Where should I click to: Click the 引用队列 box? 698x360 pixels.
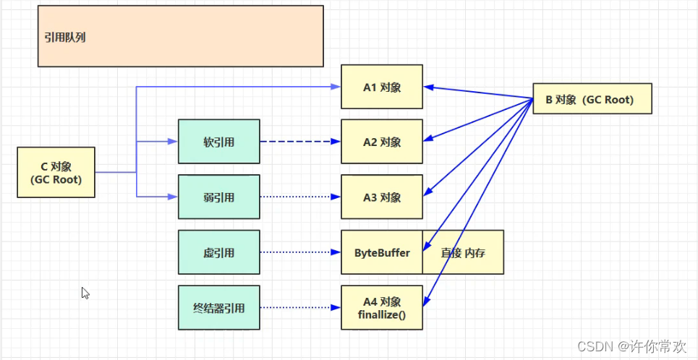180,36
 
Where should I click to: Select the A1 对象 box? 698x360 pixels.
382,87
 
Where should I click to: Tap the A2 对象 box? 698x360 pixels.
382,142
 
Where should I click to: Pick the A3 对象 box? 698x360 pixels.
382,197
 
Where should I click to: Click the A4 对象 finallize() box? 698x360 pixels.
382,307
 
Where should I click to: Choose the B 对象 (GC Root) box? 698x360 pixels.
592,98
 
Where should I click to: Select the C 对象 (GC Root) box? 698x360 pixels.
56,172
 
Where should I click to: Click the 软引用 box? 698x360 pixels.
219,142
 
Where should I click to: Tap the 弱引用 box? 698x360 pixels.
219,197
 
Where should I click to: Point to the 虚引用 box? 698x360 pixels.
219,252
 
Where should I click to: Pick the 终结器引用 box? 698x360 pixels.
219,307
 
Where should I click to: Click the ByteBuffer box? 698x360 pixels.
382,252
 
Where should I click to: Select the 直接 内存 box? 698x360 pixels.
463,252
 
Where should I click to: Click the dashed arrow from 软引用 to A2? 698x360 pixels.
300,142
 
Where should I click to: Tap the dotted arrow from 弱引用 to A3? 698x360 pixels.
300,197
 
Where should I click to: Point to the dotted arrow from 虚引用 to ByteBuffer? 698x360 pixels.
300,252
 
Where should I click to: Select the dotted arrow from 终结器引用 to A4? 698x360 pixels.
300,307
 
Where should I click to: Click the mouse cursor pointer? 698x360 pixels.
85,293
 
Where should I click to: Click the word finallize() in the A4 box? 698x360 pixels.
382,314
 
